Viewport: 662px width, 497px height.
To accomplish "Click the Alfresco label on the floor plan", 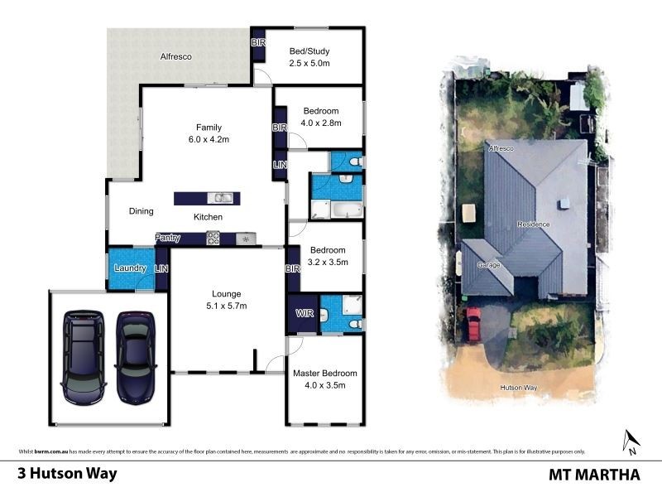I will tap(176, 57).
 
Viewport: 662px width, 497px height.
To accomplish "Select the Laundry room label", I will tap(131, 268).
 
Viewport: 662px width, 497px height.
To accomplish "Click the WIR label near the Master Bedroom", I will tap(302, 314).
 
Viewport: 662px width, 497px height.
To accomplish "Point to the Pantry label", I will tap(169, 239).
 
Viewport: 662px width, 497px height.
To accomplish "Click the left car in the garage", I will tap(84, 355).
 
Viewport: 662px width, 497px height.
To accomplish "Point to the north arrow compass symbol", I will tap(631, 442).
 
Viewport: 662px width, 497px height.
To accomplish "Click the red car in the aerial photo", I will tap(473, 324).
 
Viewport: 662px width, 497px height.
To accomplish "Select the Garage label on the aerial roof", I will tap(489, 266).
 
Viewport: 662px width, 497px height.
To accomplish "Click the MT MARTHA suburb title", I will tap(594, 475).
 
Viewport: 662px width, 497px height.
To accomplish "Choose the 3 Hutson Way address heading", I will tap(68, 475).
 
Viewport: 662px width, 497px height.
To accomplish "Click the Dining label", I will tap(142, 211).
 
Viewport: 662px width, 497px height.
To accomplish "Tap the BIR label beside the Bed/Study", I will tap(257, 42).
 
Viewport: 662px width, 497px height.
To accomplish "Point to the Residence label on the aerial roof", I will tap(534, 224).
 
